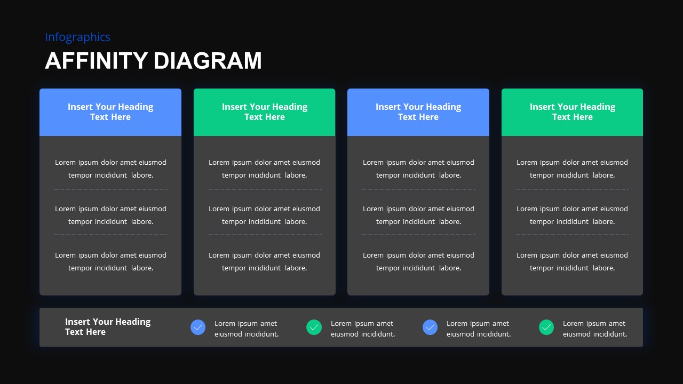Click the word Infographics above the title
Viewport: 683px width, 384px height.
tap(77, 37)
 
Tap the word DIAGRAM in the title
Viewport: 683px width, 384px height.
tap(208, 61)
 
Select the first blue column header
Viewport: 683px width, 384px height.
tap(110, 112)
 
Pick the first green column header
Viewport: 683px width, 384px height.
tap(264, 112)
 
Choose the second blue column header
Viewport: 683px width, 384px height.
tap(418, 112)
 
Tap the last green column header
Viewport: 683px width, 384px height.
tap(572, 112)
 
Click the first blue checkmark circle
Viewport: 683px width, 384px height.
tap(198, 327)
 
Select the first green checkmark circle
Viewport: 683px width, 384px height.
tap(314, 327)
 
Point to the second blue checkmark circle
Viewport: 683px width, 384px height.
tap(430, 327)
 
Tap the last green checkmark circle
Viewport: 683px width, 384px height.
tap(546, 327)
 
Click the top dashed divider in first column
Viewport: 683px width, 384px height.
tap(110, 189)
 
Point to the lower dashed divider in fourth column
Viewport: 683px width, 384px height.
tap(572, 235)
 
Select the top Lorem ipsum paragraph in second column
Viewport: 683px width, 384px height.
tap(264, 169)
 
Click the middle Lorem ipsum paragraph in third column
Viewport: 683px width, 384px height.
tap(418, 215)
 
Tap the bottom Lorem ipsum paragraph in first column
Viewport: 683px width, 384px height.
tap(110, 261)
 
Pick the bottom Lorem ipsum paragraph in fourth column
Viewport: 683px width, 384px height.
tap(572, 261)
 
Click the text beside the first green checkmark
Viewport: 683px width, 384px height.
tap(362, 329)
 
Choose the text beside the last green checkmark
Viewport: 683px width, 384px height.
tap(594, 329)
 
